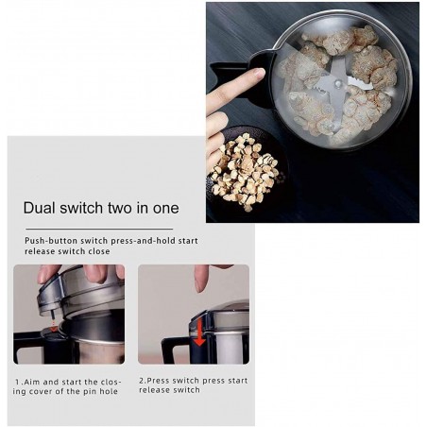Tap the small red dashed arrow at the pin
(x=54, y=325)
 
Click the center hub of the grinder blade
(x=338, y=83)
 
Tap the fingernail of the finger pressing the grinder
(x=260, y=73)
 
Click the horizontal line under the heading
(x=99, y=229)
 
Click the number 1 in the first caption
(x=18, y=383)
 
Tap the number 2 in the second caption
(x=142, y=381)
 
